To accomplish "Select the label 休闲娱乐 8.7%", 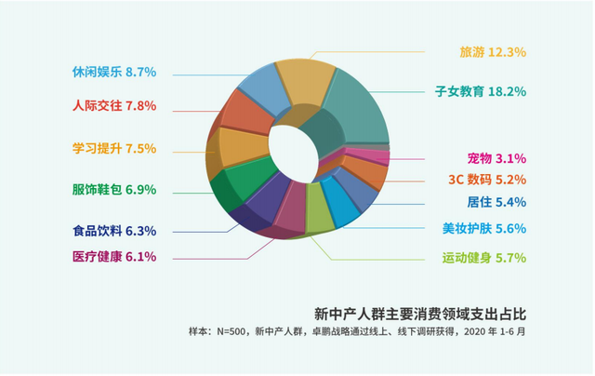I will (x=114, y=72).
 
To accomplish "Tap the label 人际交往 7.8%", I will (x=114, y=106).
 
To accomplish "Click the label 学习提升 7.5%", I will (x=114, y=148).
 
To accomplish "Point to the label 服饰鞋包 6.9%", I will (x=114, y=189).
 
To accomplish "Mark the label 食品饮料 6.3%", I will (x=114, y=231).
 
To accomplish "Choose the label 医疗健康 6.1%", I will (x=114, y=256).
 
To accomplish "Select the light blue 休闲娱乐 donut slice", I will (x=260, y=88).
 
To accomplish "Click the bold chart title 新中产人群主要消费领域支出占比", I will (x=427, y=312).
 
